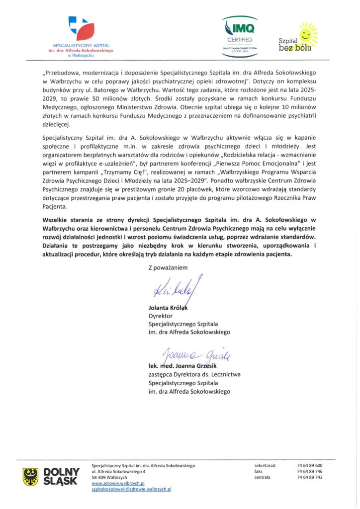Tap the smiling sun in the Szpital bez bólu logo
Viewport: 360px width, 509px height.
tap(305, 34)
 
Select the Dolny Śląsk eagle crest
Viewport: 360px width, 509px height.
tap(31, 477)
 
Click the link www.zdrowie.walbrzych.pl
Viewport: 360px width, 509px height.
tap(118, 483)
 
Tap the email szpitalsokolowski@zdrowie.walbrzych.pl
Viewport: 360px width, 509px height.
tap(132, 489)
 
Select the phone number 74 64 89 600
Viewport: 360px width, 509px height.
tap(309, 465)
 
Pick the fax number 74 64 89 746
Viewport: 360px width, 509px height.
tap(309, 471)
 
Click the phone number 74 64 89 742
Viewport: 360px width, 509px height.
tap(309, 477)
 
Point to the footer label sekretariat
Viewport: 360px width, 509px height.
tap(265, 465)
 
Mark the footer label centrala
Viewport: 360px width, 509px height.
tap(262, 477)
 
